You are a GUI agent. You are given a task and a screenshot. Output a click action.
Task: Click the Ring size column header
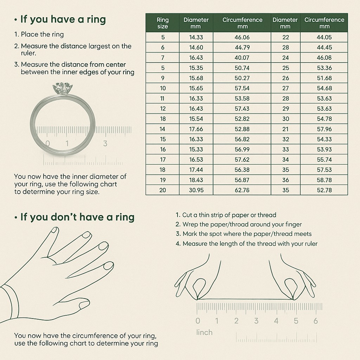pos(162,23)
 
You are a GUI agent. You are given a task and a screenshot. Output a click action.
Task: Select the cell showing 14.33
pos(196,37)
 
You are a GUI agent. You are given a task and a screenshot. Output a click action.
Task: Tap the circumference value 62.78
pos(242,190)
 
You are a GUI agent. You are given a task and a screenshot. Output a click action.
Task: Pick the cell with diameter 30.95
pos(196,190)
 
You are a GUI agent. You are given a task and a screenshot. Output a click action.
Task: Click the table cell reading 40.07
pos(242,58)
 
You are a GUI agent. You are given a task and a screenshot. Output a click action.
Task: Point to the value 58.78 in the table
pos(324,180)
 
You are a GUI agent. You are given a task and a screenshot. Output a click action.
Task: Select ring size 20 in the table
pos(162,190)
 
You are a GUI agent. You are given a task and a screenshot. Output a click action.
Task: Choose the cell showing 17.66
pos(196,129)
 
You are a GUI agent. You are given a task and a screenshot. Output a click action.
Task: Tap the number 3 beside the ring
pos(105,143)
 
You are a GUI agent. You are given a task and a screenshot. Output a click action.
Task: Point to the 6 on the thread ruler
pos(316,321)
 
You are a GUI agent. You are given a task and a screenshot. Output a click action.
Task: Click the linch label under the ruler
pos(204,332)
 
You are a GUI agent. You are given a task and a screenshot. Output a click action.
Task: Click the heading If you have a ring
pos(63,19)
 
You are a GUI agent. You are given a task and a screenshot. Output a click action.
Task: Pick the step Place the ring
pos(42,34)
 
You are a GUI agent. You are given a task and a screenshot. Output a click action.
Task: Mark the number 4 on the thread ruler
pos(276,321)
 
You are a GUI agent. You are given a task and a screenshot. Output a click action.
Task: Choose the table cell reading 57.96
pos(324,129)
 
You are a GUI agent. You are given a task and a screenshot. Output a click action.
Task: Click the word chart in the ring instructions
pos(108,184)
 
